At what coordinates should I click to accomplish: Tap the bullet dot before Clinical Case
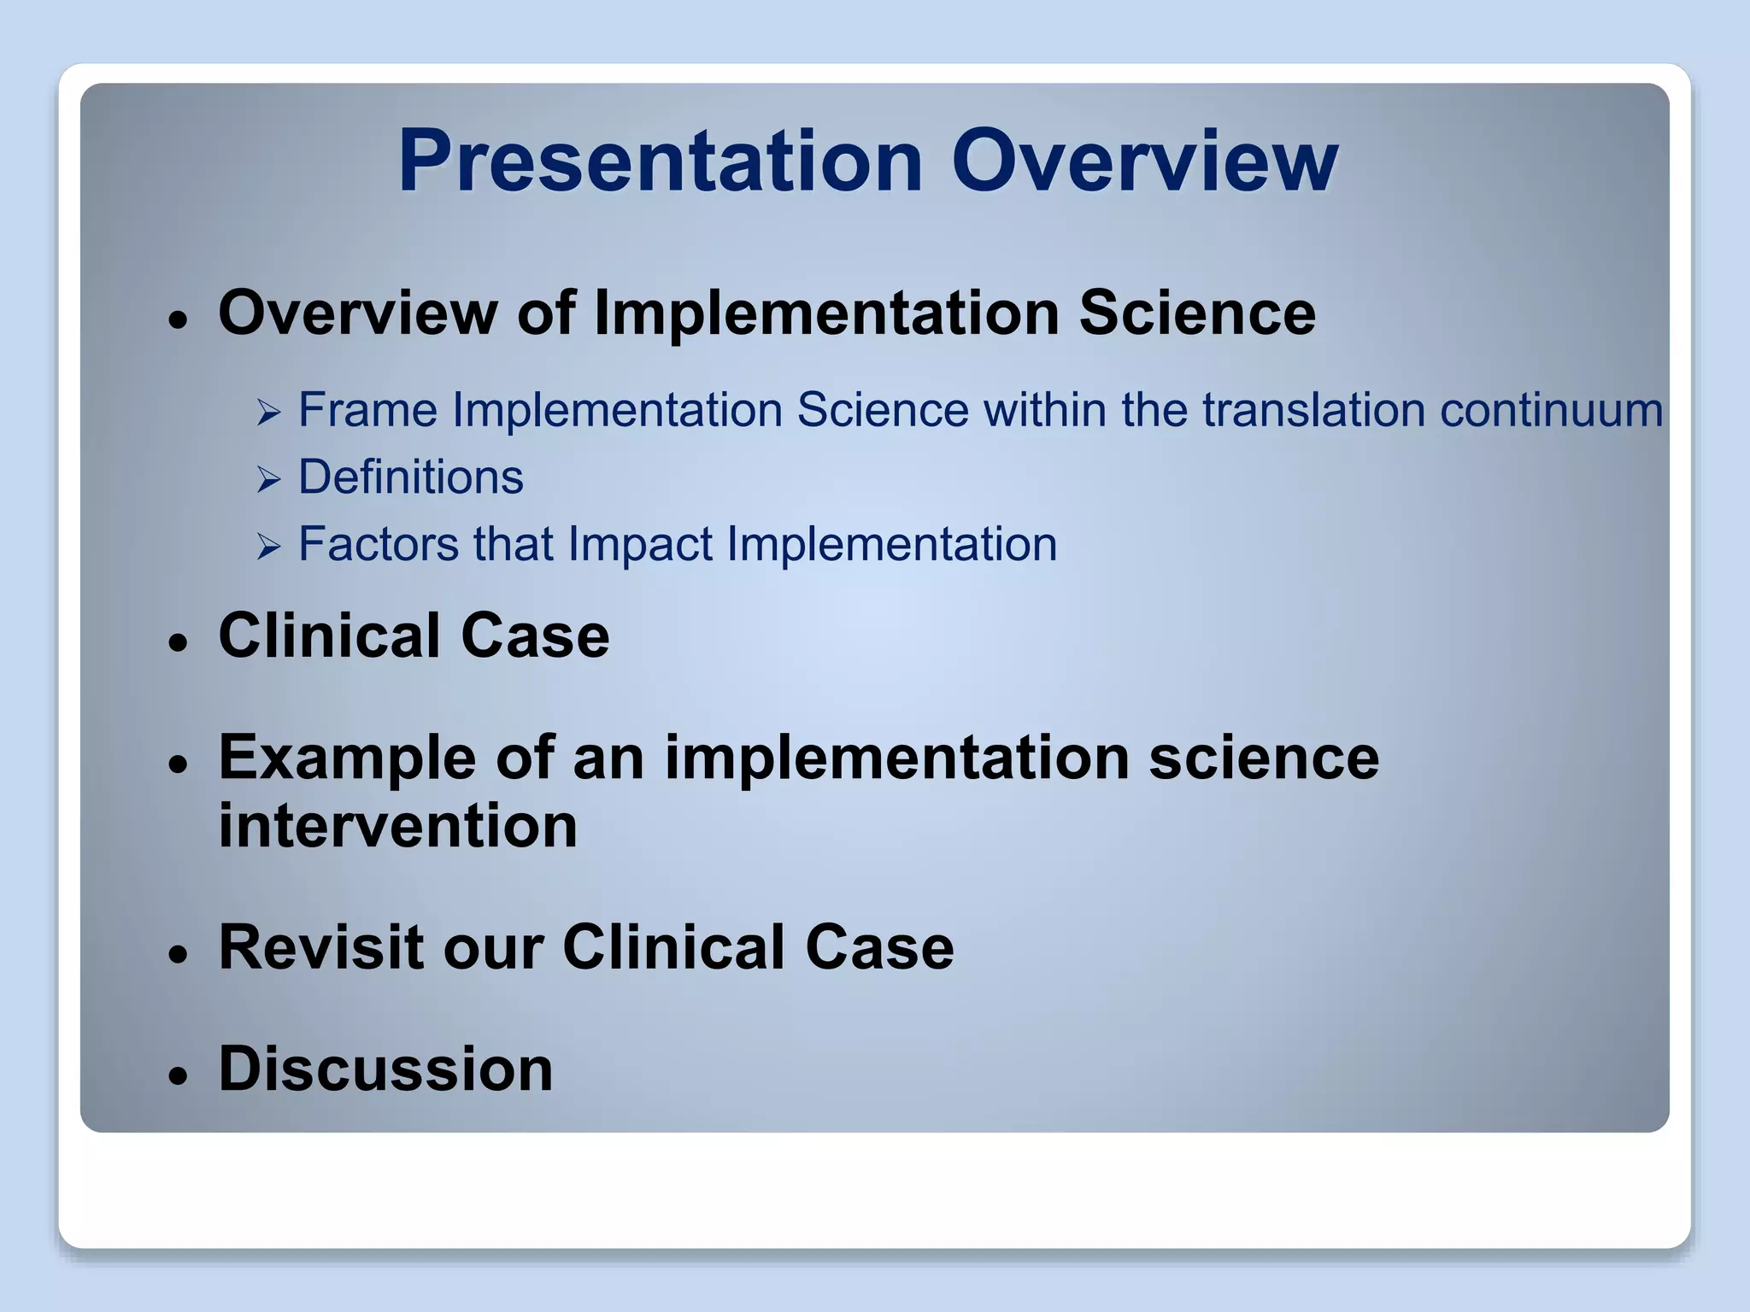[x=178, y=642]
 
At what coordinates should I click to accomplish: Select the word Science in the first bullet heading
[x=1197, y=313]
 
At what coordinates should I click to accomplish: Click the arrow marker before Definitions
[x=268, y=480]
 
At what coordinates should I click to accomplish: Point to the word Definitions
[x=410, y=477]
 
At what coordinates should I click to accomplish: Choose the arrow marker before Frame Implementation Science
[x=268, y=414]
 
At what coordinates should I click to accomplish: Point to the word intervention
[x=398, y=826]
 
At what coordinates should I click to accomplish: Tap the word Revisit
[x=321, y=947]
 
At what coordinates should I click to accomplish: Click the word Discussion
[x=385, y=1069]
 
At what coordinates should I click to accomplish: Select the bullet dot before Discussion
[x=178, y=1076]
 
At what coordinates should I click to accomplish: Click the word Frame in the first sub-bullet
[x=367, y=410]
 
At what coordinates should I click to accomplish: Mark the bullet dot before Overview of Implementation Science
[x=178, y=321]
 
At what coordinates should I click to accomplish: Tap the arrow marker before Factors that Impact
[x=268, y=548]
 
